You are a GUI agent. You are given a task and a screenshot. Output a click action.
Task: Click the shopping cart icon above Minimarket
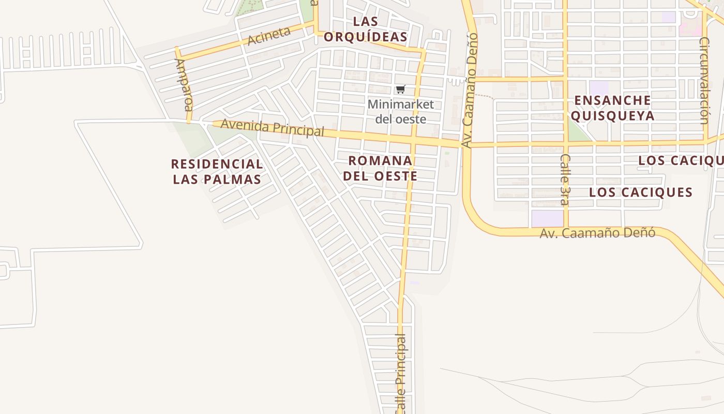(x=400, y=90)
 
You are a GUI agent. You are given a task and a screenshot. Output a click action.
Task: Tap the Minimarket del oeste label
(x=400, y=112)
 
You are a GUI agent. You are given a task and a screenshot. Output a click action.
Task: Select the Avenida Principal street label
(x=273, y=128)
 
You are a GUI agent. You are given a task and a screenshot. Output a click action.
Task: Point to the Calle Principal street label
(x=401, y=373)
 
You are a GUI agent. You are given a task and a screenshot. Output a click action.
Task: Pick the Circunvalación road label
(x=704, y=80)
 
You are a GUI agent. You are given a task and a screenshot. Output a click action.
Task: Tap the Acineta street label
(x=269, y=36)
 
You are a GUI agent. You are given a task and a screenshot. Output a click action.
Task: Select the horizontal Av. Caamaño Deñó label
(x=597, y=233)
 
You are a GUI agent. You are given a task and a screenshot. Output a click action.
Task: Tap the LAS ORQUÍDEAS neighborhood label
(x=366, y=29)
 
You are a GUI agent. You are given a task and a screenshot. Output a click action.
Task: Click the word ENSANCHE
(x=612, y=100)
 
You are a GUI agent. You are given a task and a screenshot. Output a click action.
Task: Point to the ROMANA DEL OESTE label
(x=380, y=168)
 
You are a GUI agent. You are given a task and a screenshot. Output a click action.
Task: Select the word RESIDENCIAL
(x=217, y=165)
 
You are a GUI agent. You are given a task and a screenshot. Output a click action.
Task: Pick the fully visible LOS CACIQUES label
(x=641, y=193)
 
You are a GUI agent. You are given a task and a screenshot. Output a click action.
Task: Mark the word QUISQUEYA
(x=612, y=115)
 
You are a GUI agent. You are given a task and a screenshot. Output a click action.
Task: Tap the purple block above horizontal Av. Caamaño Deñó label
(x=547, y=218)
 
